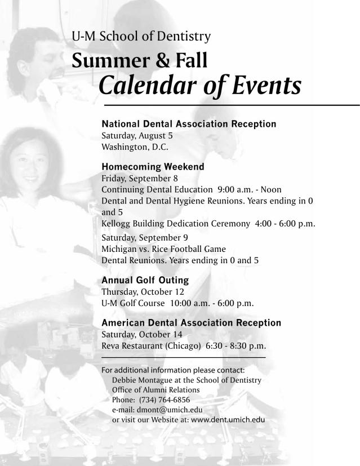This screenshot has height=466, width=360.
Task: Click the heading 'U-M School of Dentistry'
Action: (141, 37)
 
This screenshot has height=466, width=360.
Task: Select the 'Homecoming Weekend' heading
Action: (153, 167)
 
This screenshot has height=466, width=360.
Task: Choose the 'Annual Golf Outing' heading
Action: (145, 280)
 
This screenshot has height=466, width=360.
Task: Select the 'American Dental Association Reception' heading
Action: (191, 323)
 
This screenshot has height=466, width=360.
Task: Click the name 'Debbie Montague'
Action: (136, 380)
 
